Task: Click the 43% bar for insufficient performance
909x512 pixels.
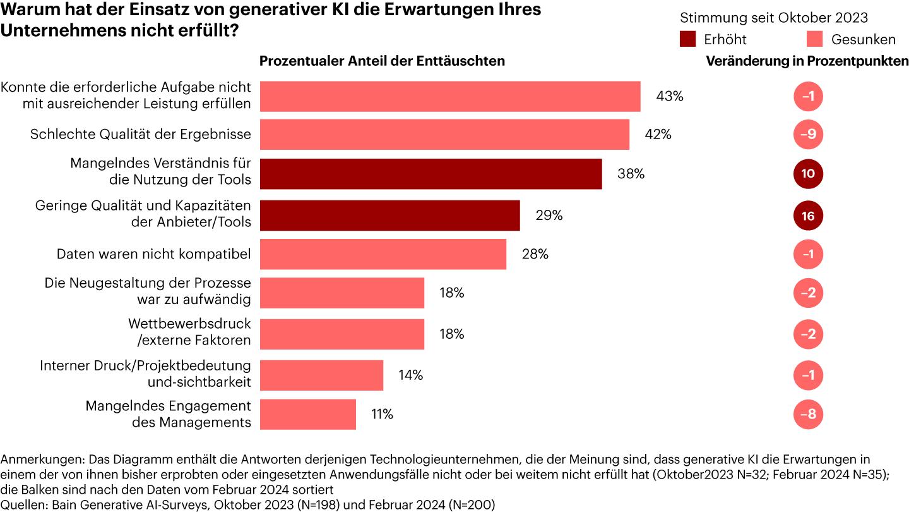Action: click(450, 97)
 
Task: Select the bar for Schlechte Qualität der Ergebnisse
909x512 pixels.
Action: click(444, 135)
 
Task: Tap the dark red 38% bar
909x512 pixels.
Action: click(431, 174)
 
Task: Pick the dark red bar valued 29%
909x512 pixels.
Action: click(389, 216)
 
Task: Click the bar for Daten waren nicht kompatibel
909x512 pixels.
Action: click(383, 254)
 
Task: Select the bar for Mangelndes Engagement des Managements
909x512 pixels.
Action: click(307, 414)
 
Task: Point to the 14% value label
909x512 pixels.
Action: click(410, 375)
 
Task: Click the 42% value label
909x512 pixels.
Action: click(658, 135)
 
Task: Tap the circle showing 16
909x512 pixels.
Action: click(808, 216)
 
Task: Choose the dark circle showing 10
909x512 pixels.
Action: click(808, 174)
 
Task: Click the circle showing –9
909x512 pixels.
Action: click(808, 135)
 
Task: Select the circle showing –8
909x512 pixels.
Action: click(808, 415)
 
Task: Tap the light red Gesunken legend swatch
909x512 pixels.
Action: click(815, 39)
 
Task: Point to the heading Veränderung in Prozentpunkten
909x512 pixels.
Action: click(807, 61)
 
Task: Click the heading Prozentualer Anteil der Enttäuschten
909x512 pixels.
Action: click(382, 61)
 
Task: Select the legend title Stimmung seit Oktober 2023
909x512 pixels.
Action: click(774, 18)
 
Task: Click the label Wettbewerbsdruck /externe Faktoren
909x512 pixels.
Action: click(189, 332)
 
